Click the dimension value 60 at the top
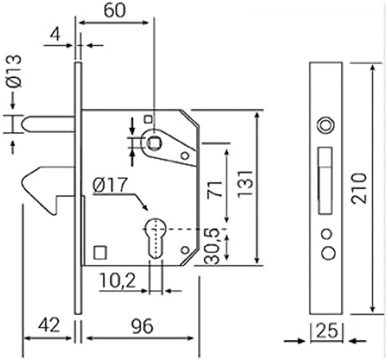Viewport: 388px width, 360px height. pyautogui.click(x=114, y=9)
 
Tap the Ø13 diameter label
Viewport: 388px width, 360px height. pyautogui.click(x=14, y=71)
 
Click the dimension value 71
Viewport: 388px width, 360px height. pyautogui.click(x=216, y=189)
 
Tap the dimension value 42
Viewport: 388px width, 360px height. pyautogui.click(x=48, y=325)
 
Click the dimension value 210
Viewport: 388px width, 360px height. pyautogui.click(x=360, y=188)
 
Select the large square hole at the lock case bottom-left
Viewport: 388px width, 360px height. pyautogui.click(x=99, y=252)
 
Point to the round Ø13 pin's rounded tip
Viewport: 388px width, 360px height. pyautogui.click(x=26, y=124)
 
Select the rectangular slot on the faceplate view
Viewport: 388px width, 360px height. pyautogui.click(x=325, y=180)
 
